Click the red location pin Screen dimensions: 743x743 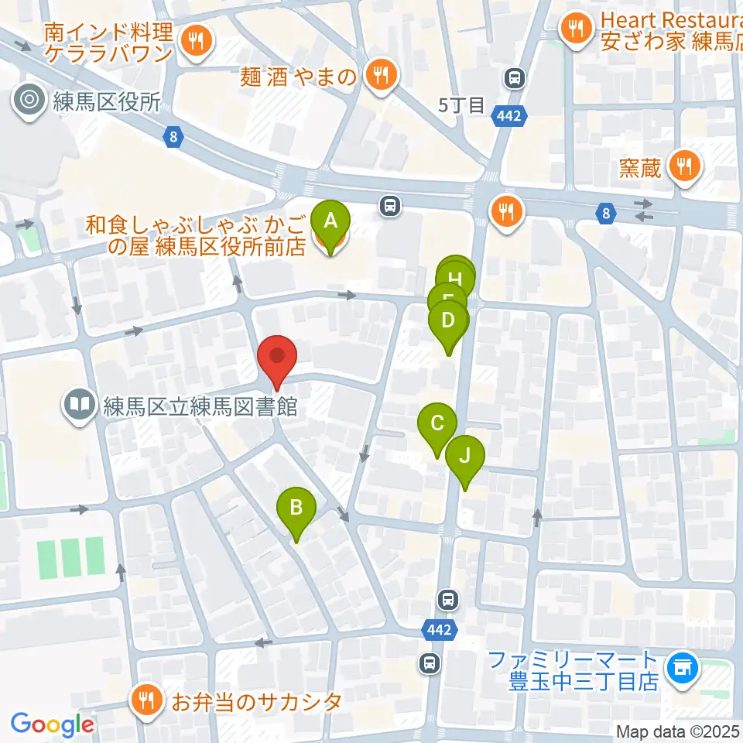point(278,358)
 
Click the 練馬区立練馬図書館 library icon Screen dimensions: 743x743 point(80,403)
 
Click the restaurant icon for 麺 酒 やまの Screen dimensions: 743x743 point(381,75)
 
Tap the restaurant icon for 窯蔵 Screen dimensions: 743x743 point(683,165)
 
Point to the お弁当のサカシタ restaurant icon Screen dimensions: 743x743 point(146,701)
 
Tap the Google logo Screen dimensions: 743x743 point(52,724)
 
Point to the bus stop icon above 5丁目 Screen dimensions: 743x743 point(514,77)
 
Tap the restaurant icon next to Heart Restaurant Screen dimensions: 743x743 point(575,29)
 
